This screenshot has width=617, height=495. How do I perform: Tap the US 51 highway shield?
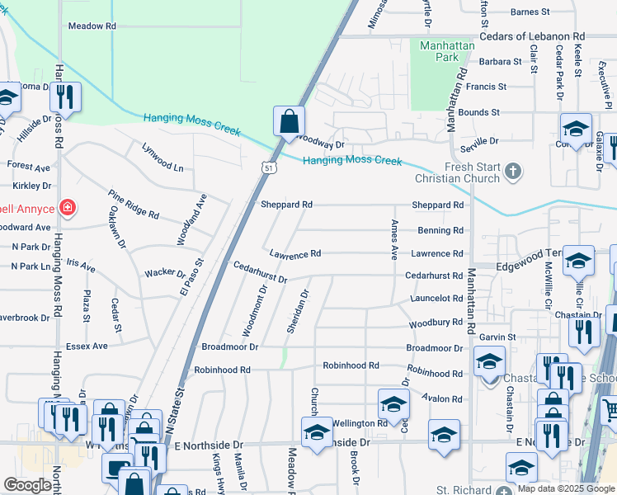tap(269, 167)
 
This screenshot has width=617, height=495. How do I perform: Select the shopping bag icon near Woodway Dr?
tap(290, 121)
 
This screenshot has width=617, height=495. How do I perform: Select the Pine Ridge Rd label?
tap(134, 203)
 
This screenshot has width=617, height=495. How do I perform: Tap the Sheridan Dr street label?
tap(298, 311)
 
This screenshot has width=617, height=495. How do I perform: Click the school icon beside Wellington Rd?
tap(393, 404)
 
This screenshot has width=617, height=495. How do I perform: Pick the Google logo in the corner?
tap(27, 486)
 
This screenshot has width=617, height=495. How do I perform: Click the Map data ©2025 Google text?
tap(565, 488)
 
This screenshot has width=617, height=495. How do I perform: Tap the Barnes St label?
tap(530, 12)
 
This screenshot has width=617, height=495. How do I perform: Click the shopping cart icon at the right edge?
tap(609, 408)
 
